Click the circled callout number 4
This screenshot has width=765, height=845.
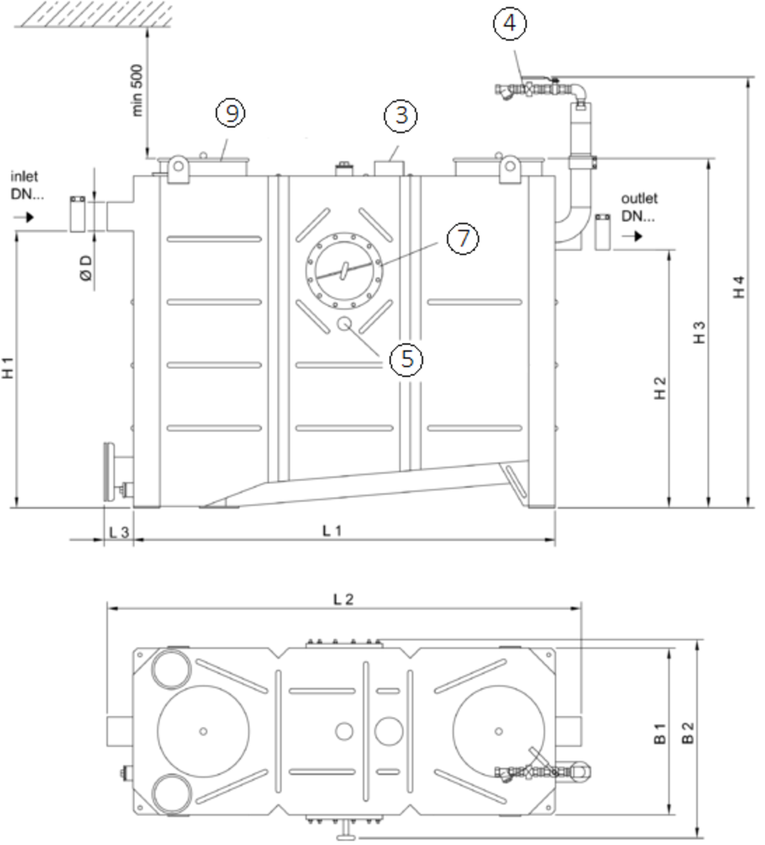[x=510, y=23]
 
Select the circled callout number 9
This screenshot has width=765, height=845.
[x=231, y=113]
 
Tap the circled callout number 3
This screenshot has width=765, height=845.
[x=400, y=115]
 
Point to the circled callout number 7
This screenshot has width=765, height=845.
[x=462, y=239]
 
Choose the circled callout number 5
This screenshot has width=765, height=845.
[x=406, y=359]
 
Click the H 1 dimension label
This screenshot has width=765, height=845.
[x=8, y=368]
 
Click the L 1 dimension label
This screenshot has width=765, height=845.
[x=332, y=531]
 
